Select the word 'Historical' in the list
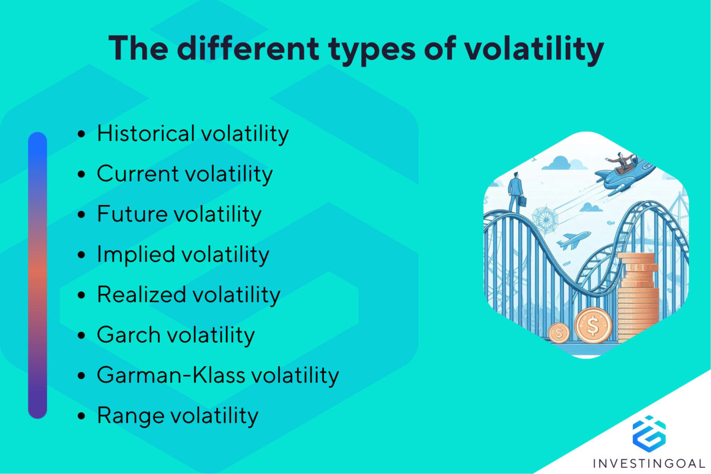(146, 133)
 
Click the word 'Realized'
(141, 294)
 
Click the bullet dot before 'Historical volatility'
(81, 134)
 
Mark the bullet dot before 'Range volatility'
(81, 416)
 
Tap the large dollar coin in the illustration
(593, 325)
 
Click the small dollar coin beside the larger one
(559, 333)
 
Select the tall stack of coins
(637, 298)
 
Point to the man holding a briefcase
(516, 193)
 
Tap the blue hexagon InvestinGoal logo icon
(649, 434)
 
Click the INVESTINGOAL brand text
(649, 463)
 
